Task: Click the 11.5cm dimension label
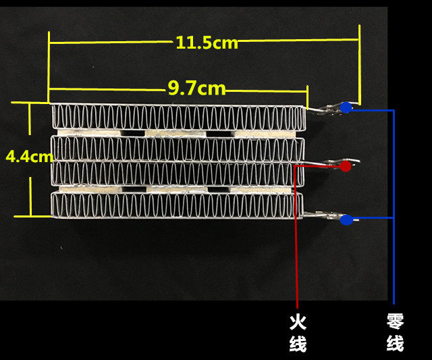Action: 207,43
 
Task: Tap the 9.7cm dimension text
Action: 196,88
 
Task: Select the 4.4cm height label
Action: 29,157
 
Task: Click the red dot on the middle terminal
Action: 345,165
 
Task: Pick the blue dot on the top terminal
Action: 346,107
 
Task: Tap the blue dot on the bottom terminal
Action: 346,219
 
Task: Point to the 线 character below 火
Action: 298,343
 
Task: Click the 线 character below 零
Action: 395,343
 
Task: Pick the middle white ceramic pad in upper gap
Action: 175,132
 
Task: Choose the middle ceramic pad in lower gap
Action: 175,189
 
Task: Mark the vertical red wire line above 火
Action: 296,257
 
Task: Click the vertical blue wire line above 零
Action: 393,257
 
